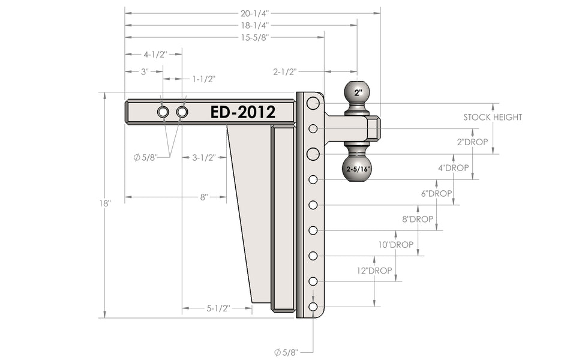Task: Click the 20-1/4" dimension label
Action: pos(254,14)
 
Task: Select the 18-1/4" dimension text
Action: pos(254,26)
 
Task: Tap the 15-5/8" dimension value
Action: pos(254,37)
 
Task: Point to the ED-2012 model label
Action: pos(243,112)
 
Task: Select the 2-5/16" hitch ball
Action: pos(356,169)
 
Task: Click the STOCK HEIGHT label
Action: pos(493,117)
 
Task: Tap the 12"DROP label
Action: pos(374,271)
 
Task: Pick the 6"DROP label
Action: pos(437,193)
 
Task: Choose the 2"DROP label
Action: pos(472,142)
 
